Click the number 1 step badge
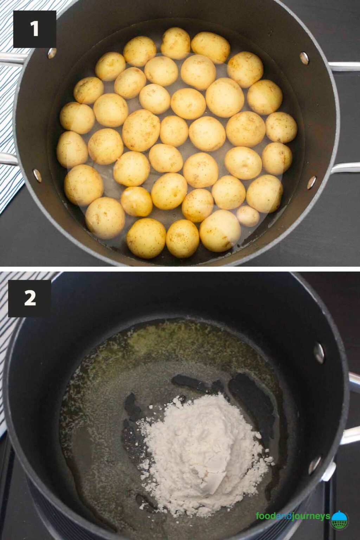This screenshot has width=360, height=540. tap(34, 29)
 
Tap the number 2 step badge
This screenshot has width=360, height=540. tap(30, 298)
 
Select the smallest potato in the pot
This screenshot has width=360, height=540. tap(248, 216)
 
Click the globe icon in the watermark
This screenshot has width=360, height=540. tap(340, 520)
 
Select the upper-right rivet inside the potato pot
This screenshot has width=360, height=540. tap(304, 58)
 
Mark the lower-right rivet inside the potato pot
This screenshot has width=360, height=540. tap(311, 182)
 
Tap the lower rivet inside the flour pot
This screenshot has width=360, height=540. tap(315, 465)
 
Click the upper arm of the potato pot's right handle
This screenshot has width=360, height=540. tap(345, 66)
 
